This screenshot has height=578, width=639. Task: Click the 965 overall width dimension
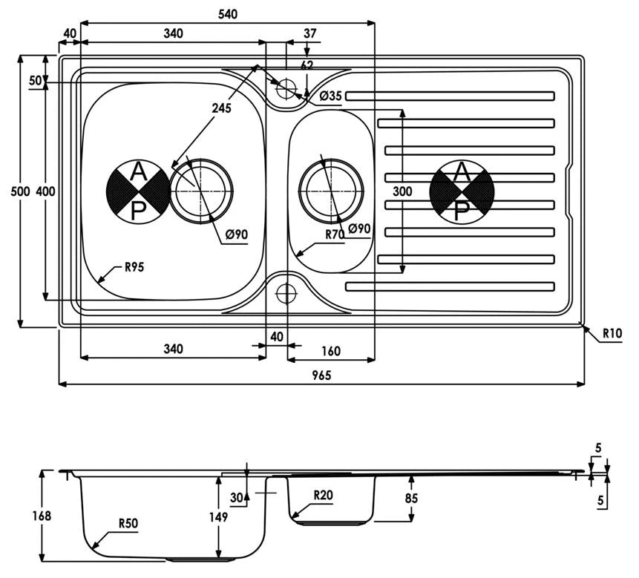point(321,375)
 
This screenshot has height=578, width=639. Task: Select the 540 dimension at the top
point(227,14)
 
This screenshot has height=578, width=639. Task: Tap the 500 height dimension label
point(20,191)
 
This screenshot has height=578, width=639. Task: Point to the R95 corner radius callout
point(134,267)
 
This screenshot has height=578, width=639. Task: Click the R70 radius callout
point(335,234)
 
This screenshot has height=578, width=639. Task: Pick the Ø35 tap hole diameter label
point(330,96)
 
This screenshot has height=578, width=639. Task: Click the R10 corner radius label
point(612,334)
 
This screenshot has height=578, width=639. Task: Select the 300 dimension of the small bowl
point(402,191)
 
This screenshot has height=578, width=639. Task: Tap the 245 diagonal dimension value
point(221,108)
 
